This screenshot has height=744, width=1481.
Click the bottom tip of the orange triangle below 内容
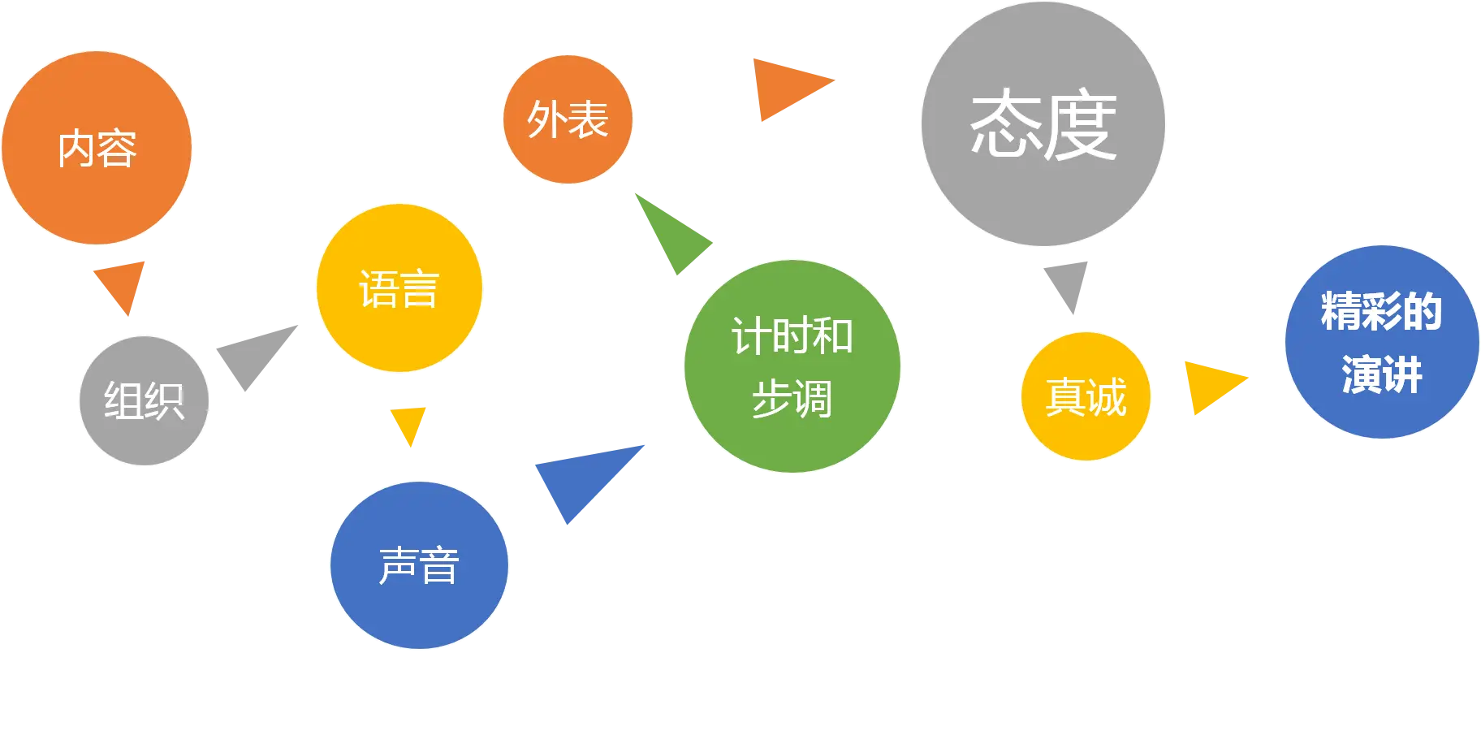point(128,315)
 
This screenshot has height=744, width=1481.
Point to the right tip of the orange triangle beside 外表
point(835,80)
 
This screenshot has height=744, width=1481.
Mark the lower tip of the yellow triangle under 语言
point(411,446)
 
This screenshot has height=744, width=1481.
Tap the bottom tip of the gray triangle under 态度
point(1073,314)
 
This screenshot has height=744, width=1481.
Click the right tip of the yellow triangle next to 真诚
point(1247,378)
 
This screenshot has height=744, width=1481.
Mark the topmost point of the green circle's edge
point(792,261)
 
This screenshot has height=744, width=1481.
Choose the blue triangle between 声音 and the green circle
point(586,479)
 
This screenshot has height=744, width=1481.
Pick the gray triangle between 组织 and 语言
point(255,354)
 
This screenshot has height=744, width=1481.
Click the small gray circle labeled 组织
point(145,400)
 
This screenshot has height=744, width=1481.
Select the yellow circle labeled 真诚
point(1086,396)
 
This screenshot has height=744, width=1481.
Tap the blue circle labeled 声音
point(419,565)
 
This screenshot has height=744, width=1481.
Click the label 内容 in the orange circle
point(97,149)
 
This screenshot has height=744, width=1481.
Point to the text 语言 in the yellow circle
point(399,289)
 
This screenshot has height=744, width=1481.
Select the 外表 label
point(568,120)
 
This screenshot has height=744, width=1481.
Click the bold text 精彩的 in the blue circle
point(1381,311)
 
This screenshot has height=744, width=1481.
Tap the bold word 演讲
point(1382,374)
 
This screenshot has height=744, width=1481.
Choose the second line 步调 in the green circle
point(792,399)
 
